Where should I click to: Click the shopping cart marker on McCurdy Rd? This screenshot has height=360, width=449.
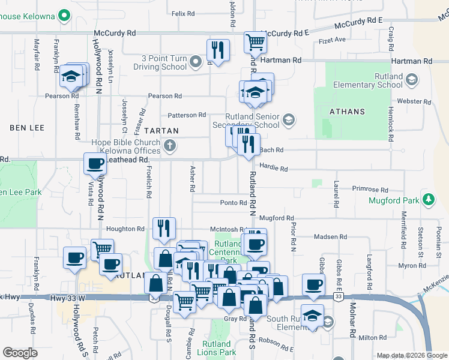pos(256,43)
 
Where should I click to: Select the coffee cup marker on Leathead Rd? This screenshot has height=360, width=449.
pos(95,163)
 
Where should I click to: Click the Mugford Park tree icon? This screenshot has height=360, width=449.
pos(428,199)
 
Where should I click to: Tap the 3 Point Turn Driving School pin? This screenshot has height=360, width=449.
pos(195,62)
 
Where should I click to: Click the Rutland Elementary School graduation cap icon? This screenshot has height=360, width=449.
pos(411,79)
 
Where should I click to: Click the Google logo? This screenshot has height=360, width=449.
pos(20,353)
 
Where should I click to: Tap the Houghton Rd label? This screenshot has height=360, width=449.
pos(125,229)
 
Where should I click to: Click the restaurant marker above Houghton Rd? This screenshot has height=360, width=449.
pos(163,227)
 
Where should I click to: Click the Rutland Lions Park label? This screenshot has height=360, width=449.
pos(216,348)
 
